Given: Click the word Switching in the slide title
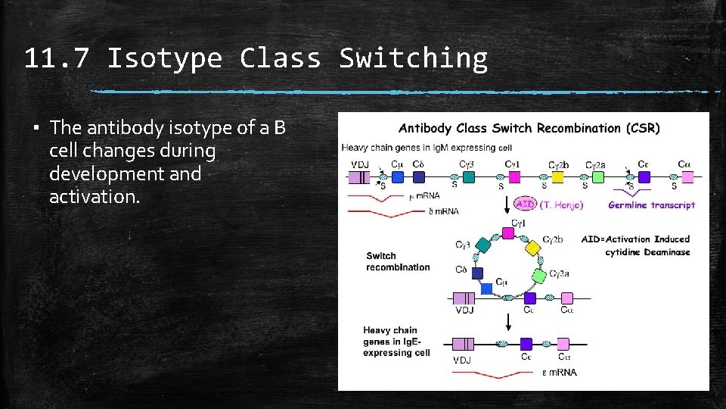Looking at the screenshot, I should (413, 58).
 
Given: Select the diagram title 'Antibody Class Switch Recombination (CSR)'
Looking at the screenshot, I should (529, 128).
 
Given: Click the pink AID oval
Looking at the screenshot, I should (525, 204).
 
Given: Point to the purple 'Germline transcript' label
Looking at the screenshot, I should (651, 204).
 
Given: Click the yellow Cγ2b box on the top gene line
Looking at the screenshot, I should (557, 176).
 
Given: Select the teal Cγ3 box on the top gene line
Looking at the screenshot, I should (469, 176).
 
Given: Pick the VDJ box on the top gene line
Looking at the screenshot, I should (359, 177).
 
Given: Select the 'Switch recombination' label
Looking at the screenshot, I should (398, 261).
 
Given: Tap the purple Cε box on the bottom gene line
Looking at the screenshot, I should (526, 344).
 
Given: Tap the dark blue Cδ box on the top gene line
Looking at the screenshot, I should (419, 176).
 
